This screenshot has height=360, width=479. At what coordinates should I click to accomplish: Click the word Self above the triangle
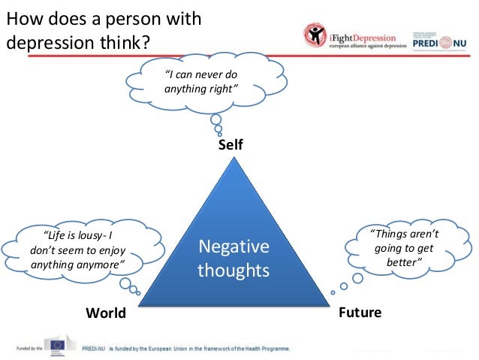(230, 145)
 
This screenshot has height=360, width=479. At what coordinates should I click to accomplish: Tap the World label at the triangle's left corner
(106, 313)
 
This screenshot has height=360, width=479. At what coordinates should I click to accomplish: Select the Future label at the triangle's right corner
(360, 312)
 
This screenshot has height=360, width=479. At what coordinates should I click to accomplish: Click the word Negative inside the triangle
(233, 247)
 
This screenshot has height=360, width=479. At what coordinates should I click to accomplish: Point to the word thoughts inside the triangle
(233, 270)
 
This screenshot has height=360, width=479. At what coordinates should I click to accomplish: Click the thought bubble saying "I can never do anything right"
(201, 83)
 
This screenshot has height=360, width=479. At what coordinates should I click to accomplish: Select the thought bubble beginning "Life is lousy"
(79, 249)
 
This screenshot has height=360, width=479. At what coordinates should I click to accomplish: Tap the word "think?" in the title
(124, 41)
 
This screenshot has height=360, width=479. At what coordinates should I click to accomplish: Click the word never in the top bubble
(208, 75)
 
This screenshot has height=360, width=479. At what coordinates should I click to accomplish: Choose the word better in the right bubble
(405, 262)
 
